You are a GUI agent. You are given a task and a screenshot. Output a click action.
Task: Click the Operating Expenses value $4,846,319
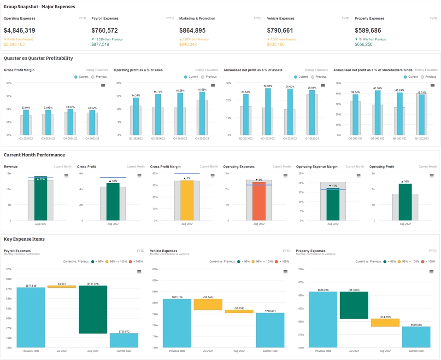pyautogui.click(x=19, y=30)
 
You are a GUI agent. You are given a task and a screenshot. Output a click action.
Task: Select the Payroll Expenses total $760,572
pyautogui.click(x=105, y=30)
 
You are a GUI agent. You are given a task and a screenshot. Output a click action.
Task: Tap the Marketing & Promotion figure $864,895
pyautogui.click(x=192, y=30)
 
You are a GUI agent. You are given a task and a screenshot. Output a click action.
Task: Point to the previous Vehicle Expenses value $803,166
pyautogui.click(x=276, y=44)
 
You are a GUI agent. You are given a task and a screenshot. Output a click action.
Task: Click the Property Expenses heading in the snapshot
pyautogui.click(x=369, y=18)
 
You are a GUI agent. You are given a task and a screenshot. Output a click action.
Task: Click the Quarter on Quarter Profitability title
pyautogui.click(x=38, y=58)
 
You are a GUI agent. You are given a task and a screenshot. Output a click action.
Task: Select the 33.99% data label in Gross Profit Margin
pyautogui.click(x=70, y=107)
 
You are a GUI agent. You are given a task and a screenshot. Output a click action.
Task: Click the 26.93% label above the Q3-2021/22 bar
pyautogui.click(x=268, y=86)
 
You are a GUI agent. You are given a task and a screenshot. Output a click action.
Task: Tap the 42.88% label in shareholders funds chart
pyautogui.click(x=378, y=88)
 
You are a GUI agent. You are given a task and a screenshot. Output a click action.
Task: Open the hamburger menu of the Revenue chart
pyautogui.click(x=66, y=176)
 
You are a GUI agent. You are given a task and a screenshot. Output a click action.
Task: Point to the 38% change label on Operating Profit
pyautogui.click(x=405, y=181)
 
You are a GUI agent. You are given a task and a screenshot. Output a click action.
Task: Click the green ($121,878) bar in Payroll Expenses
pyautogui.click(x=93, y=309)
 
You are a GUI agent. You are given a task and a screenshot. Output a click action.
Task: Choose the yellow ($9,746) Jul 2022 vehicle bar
pyautogui.click(x=208, y=304)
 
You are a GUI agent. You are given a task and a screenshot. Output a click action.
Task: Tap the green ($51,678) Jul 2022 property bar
pyautogui.click(x=354, y=305)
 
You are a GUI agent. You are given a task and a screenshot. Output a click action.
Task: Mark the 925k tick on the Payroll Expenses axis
pyautogui.click(x=9, y=269)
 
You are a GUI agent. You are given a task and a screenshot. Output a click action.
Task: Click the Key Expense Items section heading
pyautogui.click(x=24, y=239)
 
